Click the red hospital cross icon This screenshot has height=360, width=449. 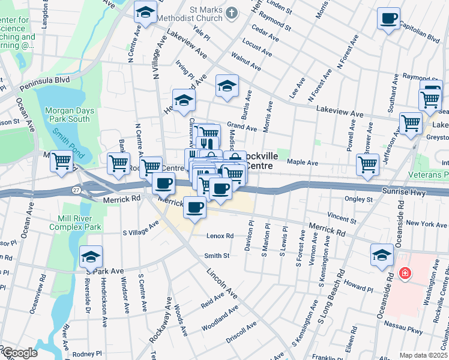point(405,274)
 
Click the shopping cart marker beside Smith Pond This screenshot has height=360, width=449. point(61,161)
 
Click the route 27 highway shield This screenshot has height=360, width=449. point(76,190)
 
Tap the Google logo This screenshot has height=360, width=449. point(19,353)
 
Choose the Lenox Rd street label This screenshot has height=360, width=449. point(220,236)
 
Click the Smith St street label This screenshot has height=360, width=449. point(217,256)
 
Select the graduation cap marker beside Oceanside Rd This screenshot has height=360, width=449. point(382,255)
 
